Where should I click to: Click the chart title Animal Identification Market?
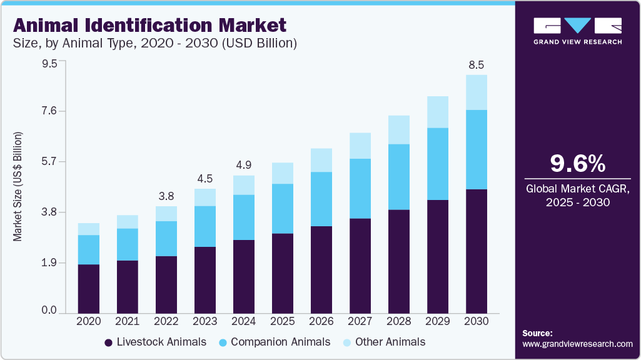tap(149, 25)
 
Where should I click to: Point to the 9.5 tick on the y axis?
tap(49, 64)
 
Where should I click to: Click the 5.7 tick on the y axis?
tap(49, 162)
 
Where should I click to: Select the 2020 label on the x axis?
tap(88, 321)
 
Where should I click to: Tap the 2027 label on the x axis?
tap(360, 321)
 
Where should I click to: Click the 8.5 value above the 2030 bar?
tap(477, 65)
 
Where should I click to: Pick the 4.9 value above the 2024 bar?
tap(243, 165)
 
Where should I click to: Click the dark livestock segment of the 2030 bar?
tap(477, 250)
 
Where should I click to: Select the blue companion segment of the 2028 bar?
tap(399, 177)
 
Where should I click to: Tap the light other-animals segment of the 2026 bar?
tap(321, 160)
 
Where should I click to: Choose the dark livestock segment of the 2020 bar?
tap(88, 288)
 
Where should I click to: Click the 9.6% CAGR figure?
tap(577, 164)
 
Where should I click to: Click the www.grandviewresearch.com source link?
tap(577, 344)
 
